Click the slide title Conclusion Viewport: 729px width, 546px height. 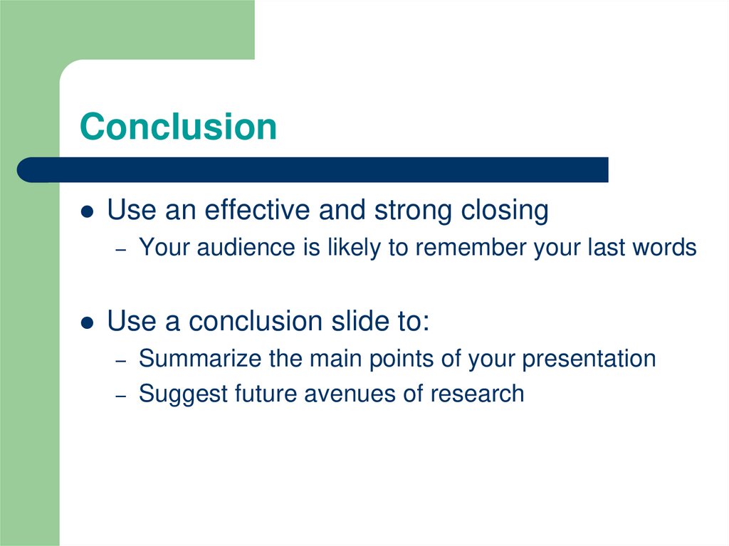tap(178, 127)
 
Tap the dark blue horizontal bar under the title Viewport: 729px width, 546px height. tap(313, 170)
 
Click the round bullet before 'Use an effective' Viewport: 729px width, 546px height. tap(87, 212)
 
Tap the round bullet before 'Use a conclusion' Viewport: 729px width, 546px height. tap(87, 323)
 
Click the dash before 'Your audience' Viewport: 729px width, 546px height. tap(121, 249)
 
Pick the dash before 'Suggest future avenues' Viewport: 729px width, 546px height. tap(121, 395)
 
